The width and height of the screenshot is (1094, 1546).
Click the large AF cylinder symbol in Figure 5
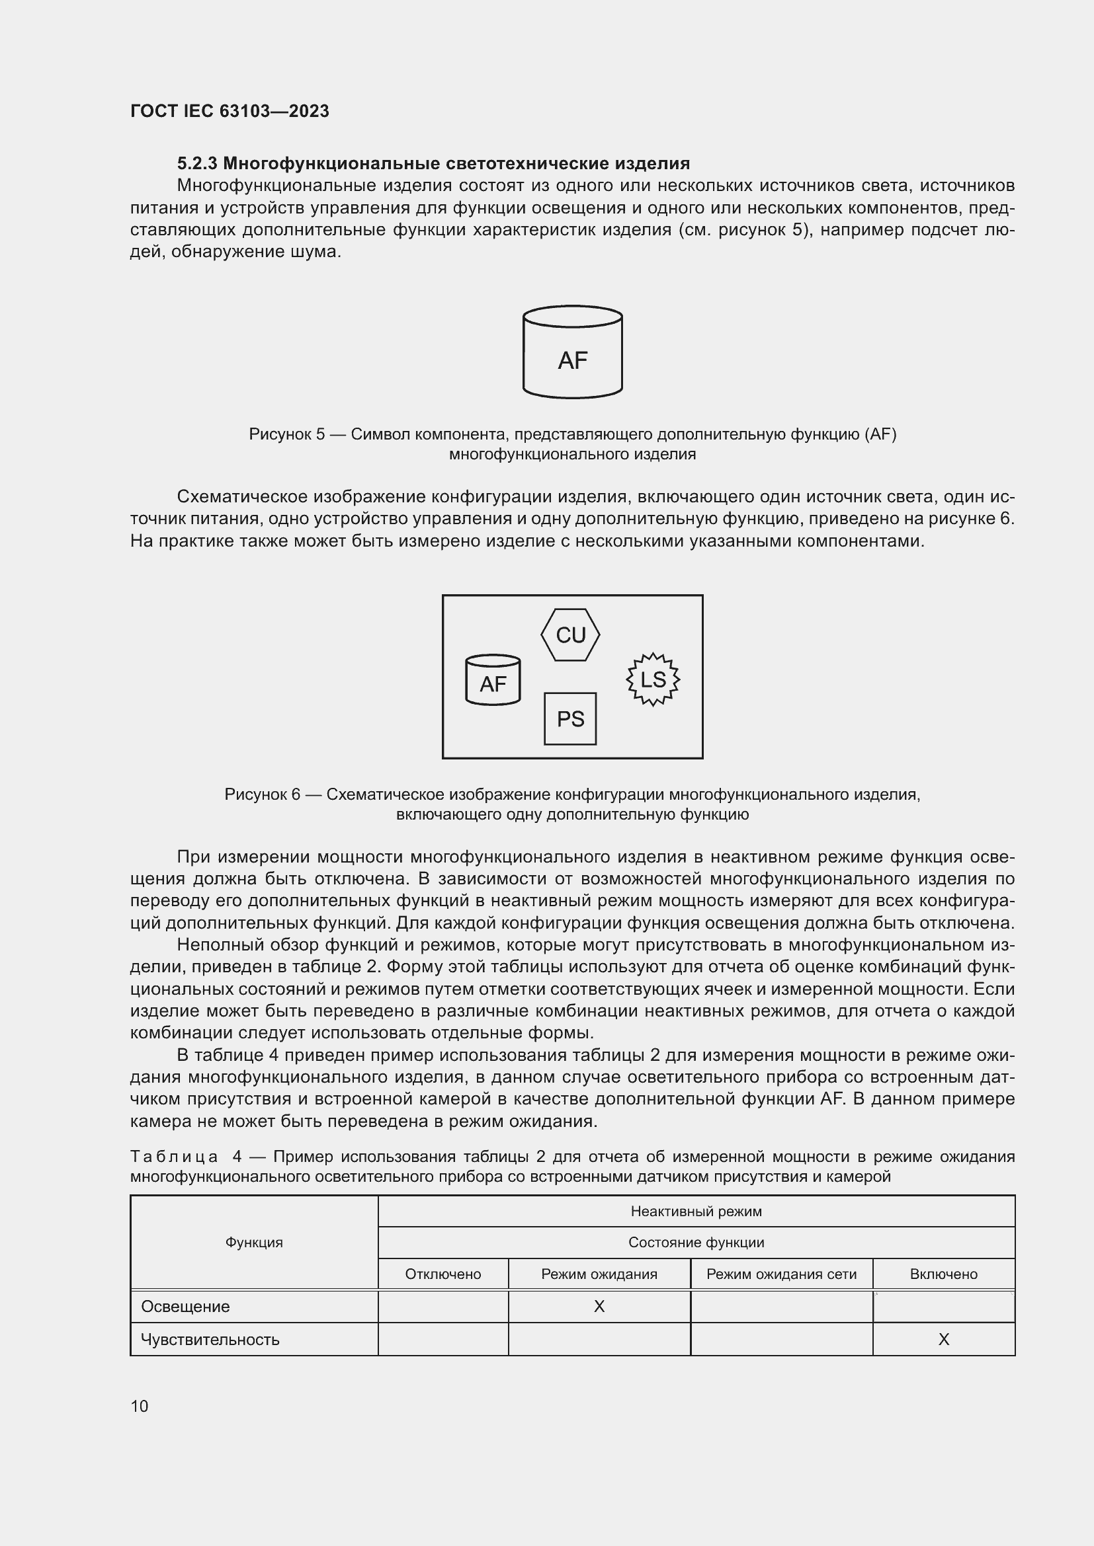(x=572, y=353)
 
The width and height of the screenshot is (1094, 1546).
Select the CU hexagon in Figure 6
(x=570, y=635)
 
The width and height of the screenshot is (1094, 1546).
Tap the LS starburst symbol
(x=653, y=679)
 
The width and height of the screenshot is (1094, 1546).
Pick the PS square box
(x=570, y=719)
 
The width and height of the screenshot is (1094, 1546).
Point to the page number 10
(x=140, y=1406)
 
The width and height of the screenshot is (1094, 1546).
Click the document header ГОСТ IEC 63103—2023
(x=230, y=111)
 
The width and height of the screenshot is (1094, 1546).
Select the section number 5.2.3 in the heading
(x=196, y=164)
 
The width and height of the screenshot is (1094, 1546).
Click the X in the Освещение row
(x=599, y=1306)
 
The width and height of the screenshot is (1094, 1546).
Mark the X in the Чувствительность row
(x=943, y=1339)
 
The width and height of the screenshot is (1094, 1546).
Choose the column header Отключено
(x=442, y=1274)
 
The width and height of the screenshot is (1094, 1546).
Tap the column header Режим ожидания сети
(x=780, y=1274)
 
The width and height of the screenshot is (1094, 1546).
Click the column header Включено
(x=943, y=1274)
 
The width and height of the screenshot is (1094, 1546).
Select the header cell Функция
(x=254, y=1243)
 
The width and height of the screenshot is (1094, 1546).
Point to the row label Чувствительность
(x=210, y=1339)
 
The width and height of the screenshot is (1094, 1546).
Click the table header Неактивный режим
(x=696, y=1212)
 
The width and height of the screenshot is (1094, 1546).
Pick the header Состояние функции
(x=696, y=1243)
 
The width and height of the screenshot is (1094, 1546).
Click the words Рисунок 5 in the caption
(x=287, y=434)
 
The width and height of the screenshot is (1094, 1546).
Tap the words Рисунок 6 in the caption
(x=262, y=794)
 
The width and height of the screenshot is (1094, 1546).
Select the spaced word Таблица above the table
(x=174, y=1157)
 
